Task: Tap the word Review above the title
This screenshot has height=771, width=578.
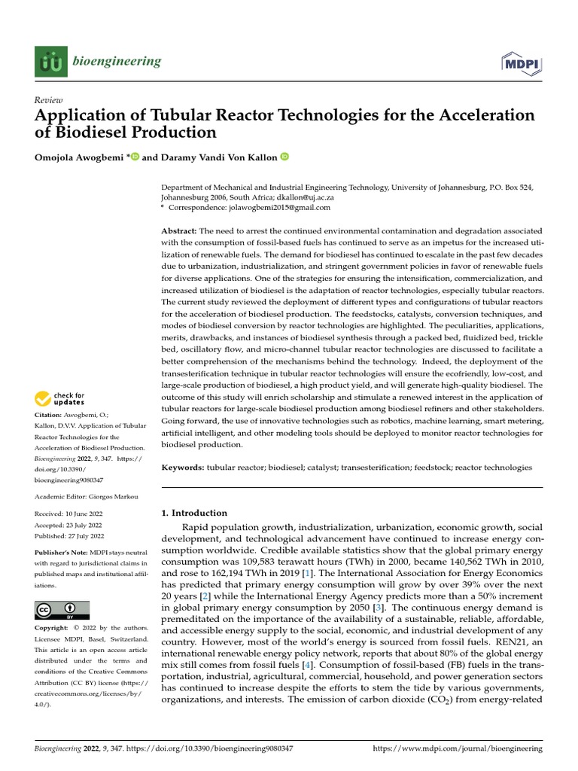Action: coord(49,100)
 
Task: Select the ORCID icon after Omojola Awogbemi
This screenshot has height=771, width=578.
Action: coord(135,157)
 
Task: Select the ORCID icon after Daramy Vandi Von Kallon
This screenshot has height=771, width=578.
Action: coord(284,157)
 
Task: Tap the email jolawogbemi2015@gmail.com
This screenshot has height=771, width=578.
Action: coord(282,208)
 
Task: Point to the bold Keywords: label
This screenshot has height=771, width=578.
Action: coord(183,468)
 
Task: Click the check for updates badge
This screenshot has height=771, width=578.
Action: coord(60,398)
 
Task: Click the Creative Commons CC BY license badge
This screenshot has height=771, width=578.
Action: coord(62,610)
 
